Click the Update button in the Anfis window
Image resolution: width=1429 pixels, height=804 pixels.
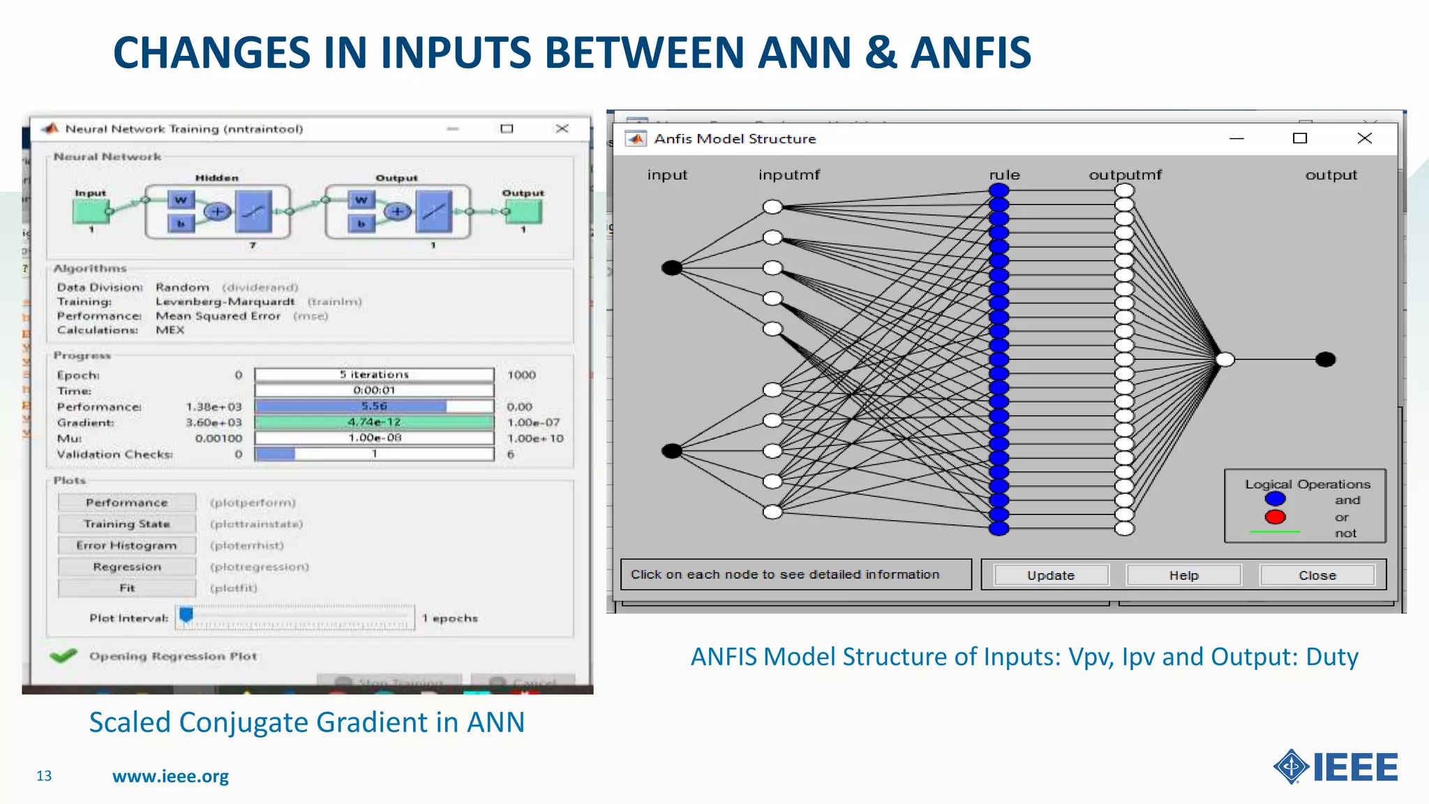coord(1051,575)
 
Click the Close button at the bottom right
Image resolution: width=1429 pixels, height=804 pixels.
coord(1317,575)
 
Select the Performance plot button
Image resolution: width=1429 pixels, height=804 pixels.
coord(126,502)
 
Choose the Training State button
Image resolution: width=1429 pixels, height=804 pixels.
coord(126,524)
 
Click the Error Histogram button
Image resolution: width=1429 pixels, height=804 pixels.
coord(126,545)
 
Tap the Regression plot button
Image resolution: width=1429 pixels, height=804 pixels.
coord(126,567)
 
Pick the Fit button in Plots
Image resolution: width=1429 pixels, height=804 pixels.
coord(126,588)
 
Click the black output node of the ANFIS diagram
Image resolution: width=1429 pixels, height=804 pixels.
coord(1325,359)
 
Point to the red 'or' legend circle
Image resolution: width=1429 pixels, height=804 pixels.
coord(1275,517)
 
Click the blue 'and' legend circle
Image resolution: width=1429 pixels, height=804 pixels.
coord(1275,499)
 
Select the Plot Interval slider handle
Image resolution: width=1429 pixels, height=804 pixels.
coord(186,615)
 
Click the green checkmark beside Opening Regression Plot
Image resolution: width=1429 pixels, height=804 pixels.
coord(63,656)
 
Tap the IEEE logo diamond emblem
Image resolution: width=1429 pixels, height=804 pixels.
coord(1291,767)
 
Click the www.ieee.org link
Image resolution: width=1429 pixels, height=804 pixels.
coord(170,776)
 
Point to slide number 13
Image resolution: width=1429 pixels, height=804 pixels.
coord(44,776)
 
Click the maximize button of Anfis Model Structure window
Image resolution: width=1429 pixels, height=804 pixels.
coord(1299,138)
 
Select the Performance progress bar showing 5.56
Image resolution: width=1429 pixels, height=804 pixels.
coord(374,406)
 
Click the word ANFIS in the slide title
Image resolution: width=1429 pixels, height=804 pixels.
coord(971,53)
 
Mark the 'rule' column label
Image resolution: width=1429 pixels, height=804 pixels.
coord(1004,175)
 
